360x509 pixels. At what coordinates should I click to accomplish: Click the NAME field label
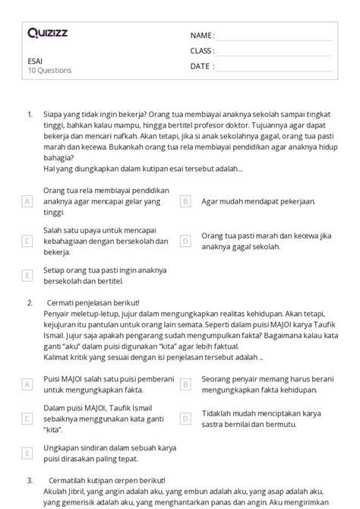point(201,36)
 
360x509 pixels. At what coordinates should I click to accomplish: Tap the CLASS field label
point(202,51)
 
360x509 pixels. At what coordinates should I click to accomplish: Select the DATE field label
point(201,66)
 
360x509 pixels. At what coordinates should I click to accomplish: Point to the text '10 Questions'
point(49,71)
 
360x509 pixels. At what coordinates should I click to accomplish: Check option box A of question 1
point(27,201)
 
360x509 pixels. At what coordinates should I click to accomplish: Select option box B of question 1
point(185,201)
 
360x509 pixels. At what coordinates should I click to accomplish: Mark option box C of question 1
point(27,241)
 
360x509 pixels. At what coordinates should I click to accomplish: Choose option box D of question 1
point(185,241)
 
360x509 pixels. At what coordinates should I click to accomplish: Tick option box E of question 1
point(27,275)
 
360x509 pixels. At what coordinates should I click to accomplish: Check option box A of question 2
point(27,384)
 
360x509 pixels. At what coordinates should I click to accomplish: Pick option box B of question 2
point(185,384)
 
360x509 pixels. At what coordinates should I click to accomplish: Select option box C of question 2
point(27,419)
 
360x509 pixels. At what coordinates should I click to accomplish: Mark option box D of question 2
point(185,419)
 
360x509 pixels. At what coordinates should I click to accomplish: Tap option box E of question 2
point(27,453)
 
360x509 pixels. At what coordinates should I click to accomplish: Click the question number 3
point(30,480)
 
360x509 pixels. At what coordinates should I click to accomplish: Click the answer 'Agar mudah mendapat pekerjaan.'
point(248,201)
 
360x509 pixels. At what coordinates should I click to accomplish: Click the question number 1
point(30,114)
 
